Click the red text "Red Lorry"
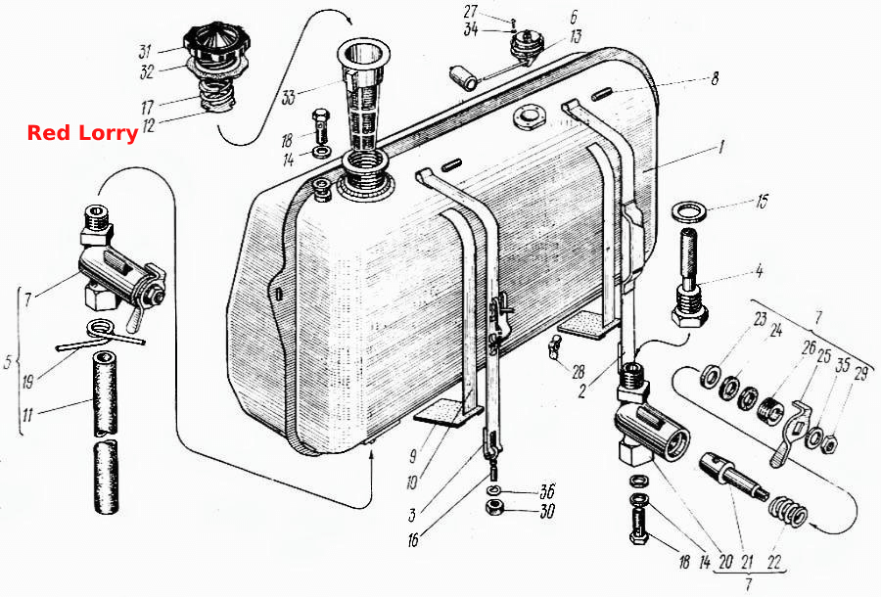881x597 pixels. click(x=82, y=134)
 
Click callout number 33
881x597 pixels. click(x=288, y=97)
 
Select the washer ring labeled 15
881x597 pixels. click(x=690, y=212)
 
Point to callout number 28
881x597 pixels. click(x=579, y=371)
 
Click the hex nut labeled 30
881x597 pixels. click(x=493, y=507)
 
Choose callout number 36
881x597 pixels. click(x=546, y=491)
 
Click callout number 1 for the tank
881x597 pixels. click(x=720, y=147)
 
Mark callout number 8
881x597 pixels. click(x=715, y=77)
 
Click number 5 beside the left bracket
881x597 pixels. click(x=7, y=362)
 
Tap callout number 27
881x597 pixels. click(x=471, y=11)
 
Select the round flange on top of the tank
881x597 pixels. click(x=529, y=119)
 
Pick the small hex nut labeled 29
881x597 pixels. click(x=828, y=444)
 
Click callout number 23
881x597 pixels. click(x=760, y=320)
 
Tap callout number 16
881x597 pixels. click(x=413, y=539)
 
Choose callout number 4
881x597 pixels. click(x=759, y=271)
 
